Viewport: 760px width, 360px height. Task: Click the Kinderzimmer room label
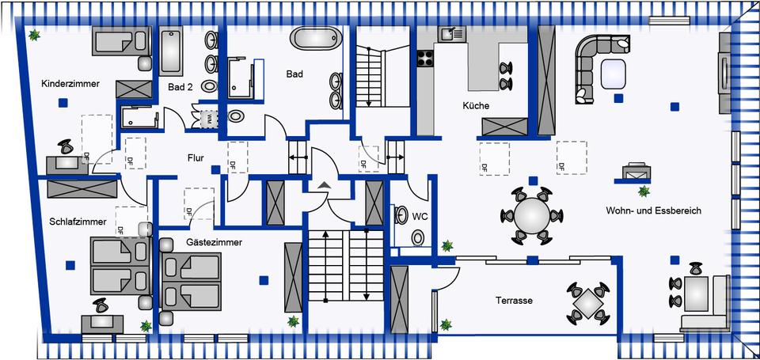(70, 83)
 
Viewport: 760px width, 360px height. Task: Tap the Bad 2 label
(180, 88)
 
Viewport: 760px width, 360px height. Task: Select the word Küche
(476, 105)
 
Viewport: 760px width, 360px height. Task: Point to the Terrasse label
(514, 301)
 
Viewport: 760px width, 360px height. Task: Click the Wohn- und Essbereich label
(653, 210)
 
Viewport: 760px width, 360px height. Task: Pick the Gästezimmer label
(214, 242)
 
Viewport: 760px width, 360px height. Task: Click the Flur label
(196, 158)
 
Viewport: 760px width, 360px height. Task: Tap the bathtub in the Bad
(316, 38)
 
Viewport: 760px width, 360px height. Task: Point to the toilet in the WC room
(417, 237)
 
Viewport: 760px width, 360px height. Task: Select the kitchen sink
(453, 34)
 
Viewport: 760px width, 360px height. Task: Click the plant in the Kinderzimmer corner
(35, 35)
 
